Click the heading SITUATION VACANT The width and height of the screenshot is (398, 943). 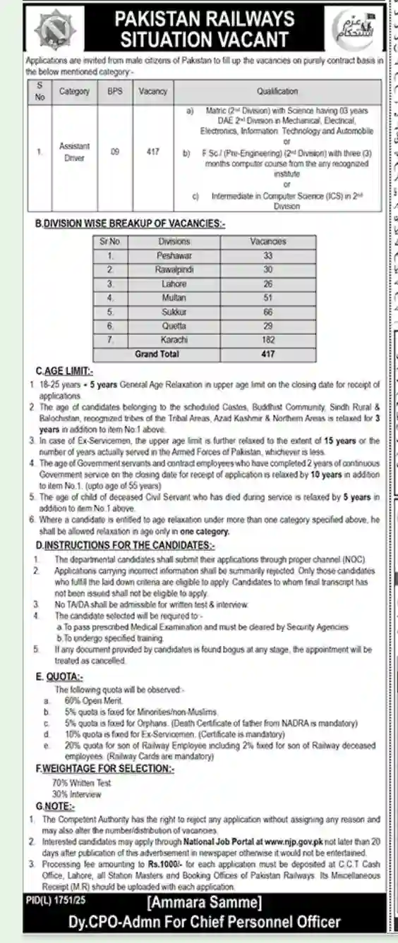(205, 39)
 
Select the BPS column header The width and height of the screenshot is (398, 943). (115, 91)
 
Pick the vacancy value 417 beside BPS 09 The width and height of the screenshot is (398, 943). (153, 151)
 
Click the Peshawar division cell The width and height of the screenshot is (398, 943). (174, 255)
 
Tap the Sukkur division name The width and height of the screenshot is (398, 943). (174, 312)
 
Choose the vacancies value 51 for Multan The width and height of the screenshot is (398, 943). (267, 298)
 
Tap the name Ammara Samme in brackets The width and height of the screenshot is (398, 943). (205, 904)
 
